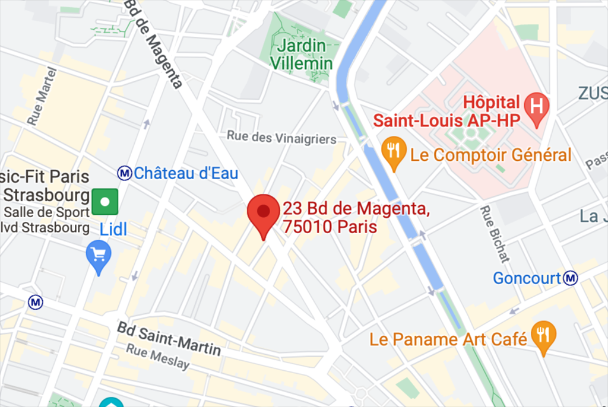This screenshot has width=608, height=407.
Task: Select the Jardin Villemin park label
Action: click(x=302, y=54)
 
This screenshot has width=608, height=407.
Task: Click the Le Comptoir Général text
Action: click(x=490, y=155)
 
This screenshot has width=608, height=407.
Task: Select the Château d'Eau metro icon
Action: click(x=124, y=173)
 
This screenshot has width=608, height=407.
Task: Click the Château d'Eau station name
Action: click(x=186, y=173)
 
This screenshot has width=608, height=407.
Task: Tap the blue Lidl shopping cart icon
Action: click(x=99, y=256)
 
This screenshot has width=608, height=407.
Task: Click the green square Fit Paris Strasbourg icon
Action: click(x=104, y=202)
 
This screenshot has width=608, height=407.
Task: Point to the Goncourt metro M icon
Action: click(x=571, y=278)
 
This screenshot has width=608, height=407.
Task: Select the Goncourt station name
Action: click(x=527, y=278)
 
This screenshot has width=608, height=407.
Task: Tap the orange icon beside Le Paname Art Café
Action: click(x=544, y=335)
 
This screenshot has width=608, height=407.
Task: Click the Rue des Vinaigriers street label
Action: click(x=281, y=138)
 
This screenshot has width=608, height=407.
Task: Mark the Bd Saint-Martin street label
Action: click(x=169, y=339)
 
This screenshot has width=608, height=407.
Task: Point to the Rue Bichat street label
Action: click(x=494, y=234)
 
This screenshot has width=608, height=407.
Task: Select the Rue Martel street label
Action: click(x=42, y=96)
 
